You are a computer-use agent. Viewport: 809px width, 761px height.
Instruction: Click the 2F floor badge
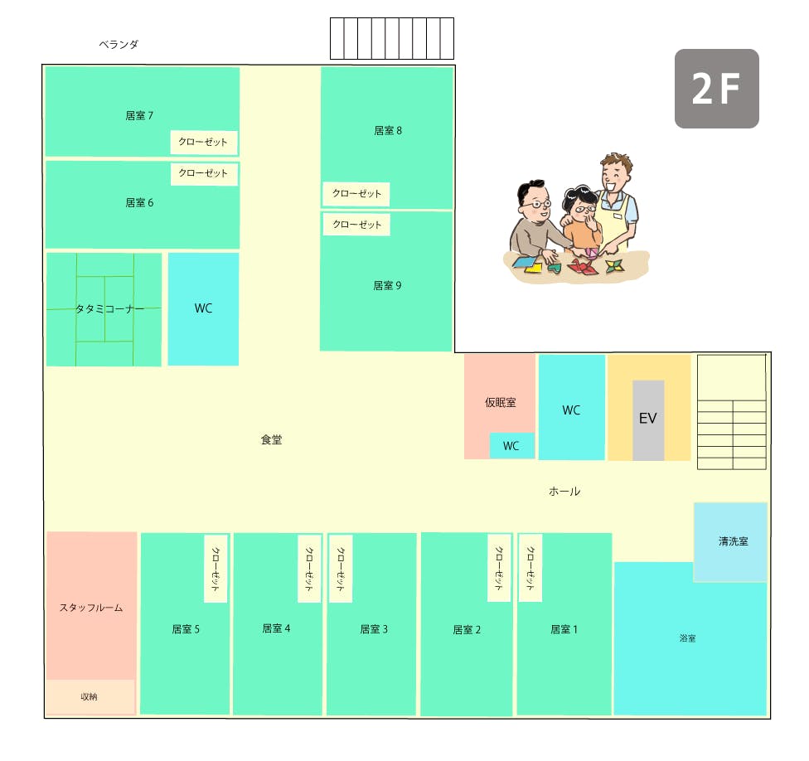(716, 89)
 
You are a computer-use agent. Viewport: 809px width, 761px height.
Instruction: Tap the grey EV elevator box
(648, 419)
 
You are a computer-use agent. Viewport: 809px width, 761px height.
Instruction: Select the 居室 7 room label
(139, 116)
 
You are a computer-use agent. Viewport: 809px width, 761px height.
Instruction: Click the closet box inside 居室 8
(356, 194)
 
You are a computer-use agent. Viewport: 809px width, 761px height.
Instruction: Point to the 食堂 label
(271, 440)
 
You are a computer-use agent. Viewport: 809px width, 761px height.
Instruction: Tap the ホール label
(564, 492)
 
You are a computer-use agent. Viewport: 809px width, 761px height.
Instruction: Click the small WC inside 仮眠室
(511, 446)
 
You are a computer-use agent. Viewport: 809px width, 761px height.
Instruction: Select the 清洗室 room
(732, 541)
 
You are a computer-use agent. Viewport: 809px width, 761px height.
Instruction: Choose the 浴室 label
(687, 638)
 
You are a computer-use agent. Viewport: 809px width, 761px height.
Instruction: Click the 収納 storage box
(90, 697)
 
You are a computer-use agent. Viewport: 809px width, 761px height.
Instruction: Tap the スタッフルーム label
(91, 608)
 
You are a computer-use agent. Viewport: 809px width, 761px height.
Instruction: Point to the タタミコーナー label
(109, 309)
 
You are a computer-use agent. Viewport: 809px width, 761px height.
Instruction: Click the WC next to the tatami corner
(203, 308)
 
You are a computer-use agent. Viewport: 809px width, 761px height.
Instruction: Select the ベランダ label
(119, 45)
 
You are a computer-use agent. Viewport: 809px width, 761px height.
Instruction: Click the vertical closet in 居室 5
(216, 568)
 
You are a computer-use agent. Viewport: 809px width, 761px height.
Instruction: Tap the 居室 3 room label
(374, 629)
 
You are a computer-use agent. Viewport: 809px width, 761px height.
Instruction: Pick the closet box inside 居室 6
(204, 173)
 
